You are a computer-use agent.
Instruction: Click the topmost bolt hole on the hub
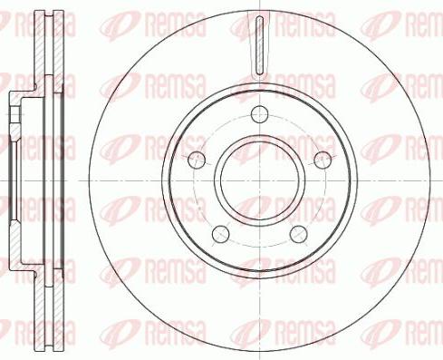pos(260,114)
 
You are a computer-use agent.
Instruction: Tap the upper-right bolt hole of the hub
pos(321,159)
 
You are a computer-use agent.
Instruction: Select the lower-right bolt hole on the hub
pos(297,233)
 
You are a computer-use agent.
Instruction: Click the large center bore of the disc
pos(259,180)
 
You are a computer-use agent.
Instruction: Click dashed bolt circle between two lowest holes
pos(259,247)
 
